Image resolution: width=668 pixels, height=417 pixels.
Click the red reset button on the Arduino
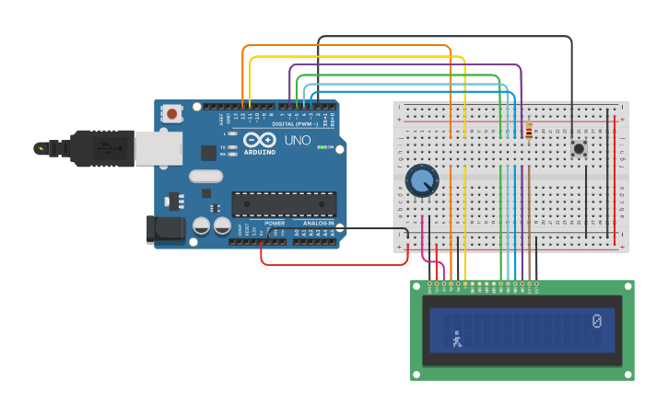[x=171, y=114]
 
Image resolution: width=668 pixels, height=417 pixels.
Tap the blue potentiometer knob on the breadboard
[x=422, y=180]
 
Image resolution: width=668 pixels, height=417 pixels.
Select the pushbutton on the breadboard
[x=580, y=148]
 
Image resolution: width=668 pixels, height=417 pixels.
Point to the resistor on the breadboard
[x=529, y=132]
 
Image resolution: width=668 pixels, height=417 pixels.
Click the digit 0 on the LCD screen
[x=596, y=320]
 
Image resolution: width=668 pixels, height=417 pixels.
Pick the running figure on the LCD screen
[x=455, y=340]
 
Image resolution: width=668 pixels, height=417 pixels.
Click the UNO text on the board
[x=297, y=141]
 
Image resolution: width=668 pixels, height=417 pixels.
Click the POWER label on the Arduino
[x=275, y=224]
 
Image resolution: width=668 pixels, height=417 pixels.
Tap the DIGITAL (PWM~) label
[x=295, y=123]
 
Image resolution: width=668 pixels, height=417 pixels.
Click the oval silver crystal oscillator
[x=206, y=176]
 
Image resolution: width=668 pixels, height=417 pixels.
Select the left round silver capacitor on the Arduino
[x=202, y=225]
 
